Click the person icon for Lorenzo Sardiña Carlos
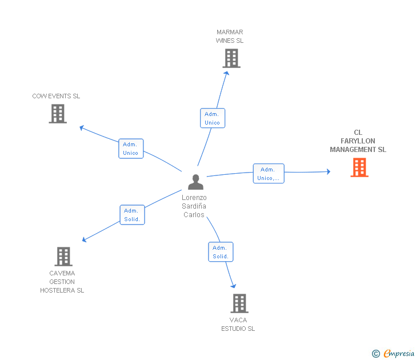click(x=195, y=182)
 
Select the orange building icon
click(x=359, y=167)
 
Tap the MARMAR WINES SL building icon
click(x=231, y=58)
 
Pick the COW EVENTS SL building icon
click(x=58, y=114)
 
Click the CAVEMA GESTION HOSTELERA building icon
click(x=63, y=257)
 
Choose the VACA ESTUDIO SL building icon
click(x=239, y=303)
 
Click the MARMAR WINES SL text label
click(x=230, y=37)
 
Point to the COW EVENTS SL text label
click(x=56, y=96)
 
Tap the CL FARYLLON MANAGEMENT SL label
click(x=358, y=141)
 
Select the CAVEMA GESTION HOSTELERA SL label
click(x=62, y=282)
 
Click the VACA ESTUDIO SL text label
click(x=238, y=324)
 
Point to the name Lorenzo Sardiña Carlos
click(x=194, y=206)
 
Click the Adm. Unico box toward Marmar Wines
click(x=212, y=118)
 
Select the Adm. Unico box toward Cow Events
click(x=131, y=149)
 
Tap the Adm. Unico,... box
click(x=268, y=174)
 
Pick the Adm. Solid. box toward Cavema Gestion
click(x=132, y=215)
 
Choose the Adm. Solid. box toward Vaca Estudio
click(x=221, y=252)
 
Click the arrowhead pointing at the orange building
click(x=327, y=171)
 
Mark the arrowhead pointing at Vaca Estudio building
click(x=233, y=285)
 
